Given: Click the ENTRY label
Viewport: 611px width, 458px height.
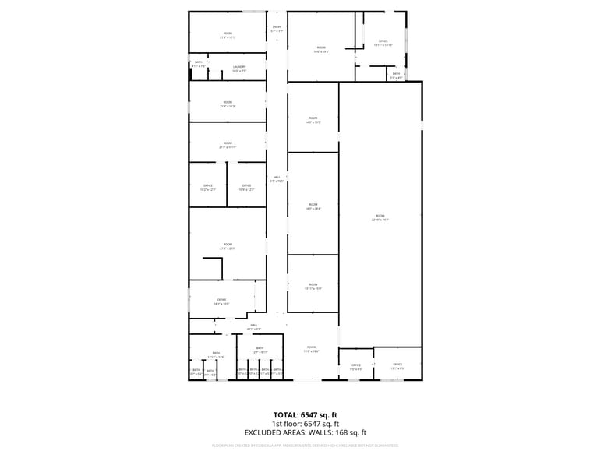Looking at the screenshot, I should pos(277,29).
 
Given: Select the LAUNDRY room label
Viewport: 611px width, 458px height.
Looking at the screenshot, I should pos(239,69).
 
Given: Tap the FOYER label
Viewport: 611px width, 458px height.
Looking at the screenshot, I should pos(311,349).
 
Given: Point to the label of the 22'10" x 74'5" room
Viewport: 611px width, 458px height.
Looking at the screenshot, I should pos(380,218).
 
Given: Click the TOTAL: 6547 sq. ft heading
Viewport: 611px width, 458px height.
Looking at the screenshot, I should pos(305,414).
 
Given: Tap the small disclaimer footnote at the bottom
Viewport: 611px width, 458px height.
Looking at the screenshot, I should pos(305,446).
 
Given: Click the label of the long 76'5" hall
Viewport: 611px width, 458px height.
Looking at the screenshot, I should pos(277,179).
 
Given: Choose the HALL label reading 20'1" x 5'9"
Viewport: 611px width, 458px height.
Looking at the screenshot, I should pos(254,327).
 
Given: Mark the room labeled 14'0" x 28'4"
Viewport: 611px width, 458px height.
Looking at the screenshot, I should pos(313,206).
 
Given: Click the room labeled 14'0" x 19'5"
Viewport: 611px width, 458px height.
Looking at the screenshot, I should pos(313,121).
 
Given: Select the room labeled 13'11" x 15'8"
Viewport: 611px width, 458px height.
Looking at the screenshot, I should pos(313,287).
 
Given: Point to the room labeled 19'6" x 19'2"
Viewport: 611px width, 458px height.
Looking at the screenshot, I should pos(321,50).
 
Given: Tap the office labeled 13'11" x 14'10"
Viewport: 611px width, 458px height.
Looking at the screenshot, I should pos(383,44).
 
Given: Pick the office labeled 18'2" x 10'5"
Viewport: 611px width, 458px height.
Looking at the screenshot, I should pos(222,301).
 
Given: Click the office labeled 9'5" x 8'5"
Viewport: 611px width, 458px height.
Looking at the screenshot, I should pos(356,367).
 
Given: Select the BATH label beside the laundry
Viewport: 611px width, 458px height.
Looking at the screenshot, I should pos(199,64).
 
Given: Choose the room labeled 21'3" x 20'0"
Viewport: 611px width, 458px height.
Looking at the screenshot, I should pos(228,247).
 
